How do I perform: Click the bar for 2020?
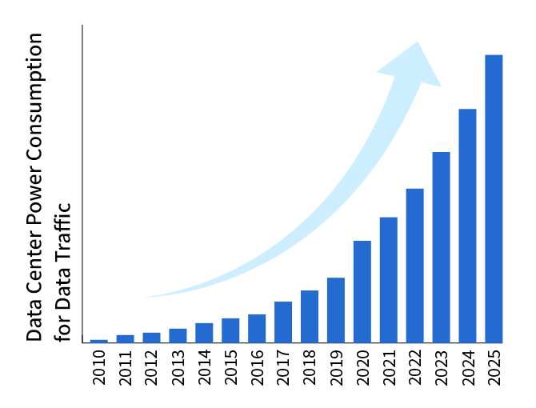[x=362, y=291]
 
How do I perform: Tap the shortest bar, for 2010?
[x=99, y=341]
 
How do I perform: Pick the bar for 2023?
[x=441, y=247]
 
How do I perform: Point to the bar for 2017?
[x=283, y=322]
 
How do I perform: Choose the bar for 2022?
[x=414, y=266]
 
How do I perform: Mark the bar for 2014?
[x=204, y=333]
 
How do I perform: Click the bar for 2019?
[x=336, y=310]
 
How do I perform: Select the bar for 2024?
[x=467, y=226]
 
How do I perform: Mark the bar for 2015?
[x=230, y=330]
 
